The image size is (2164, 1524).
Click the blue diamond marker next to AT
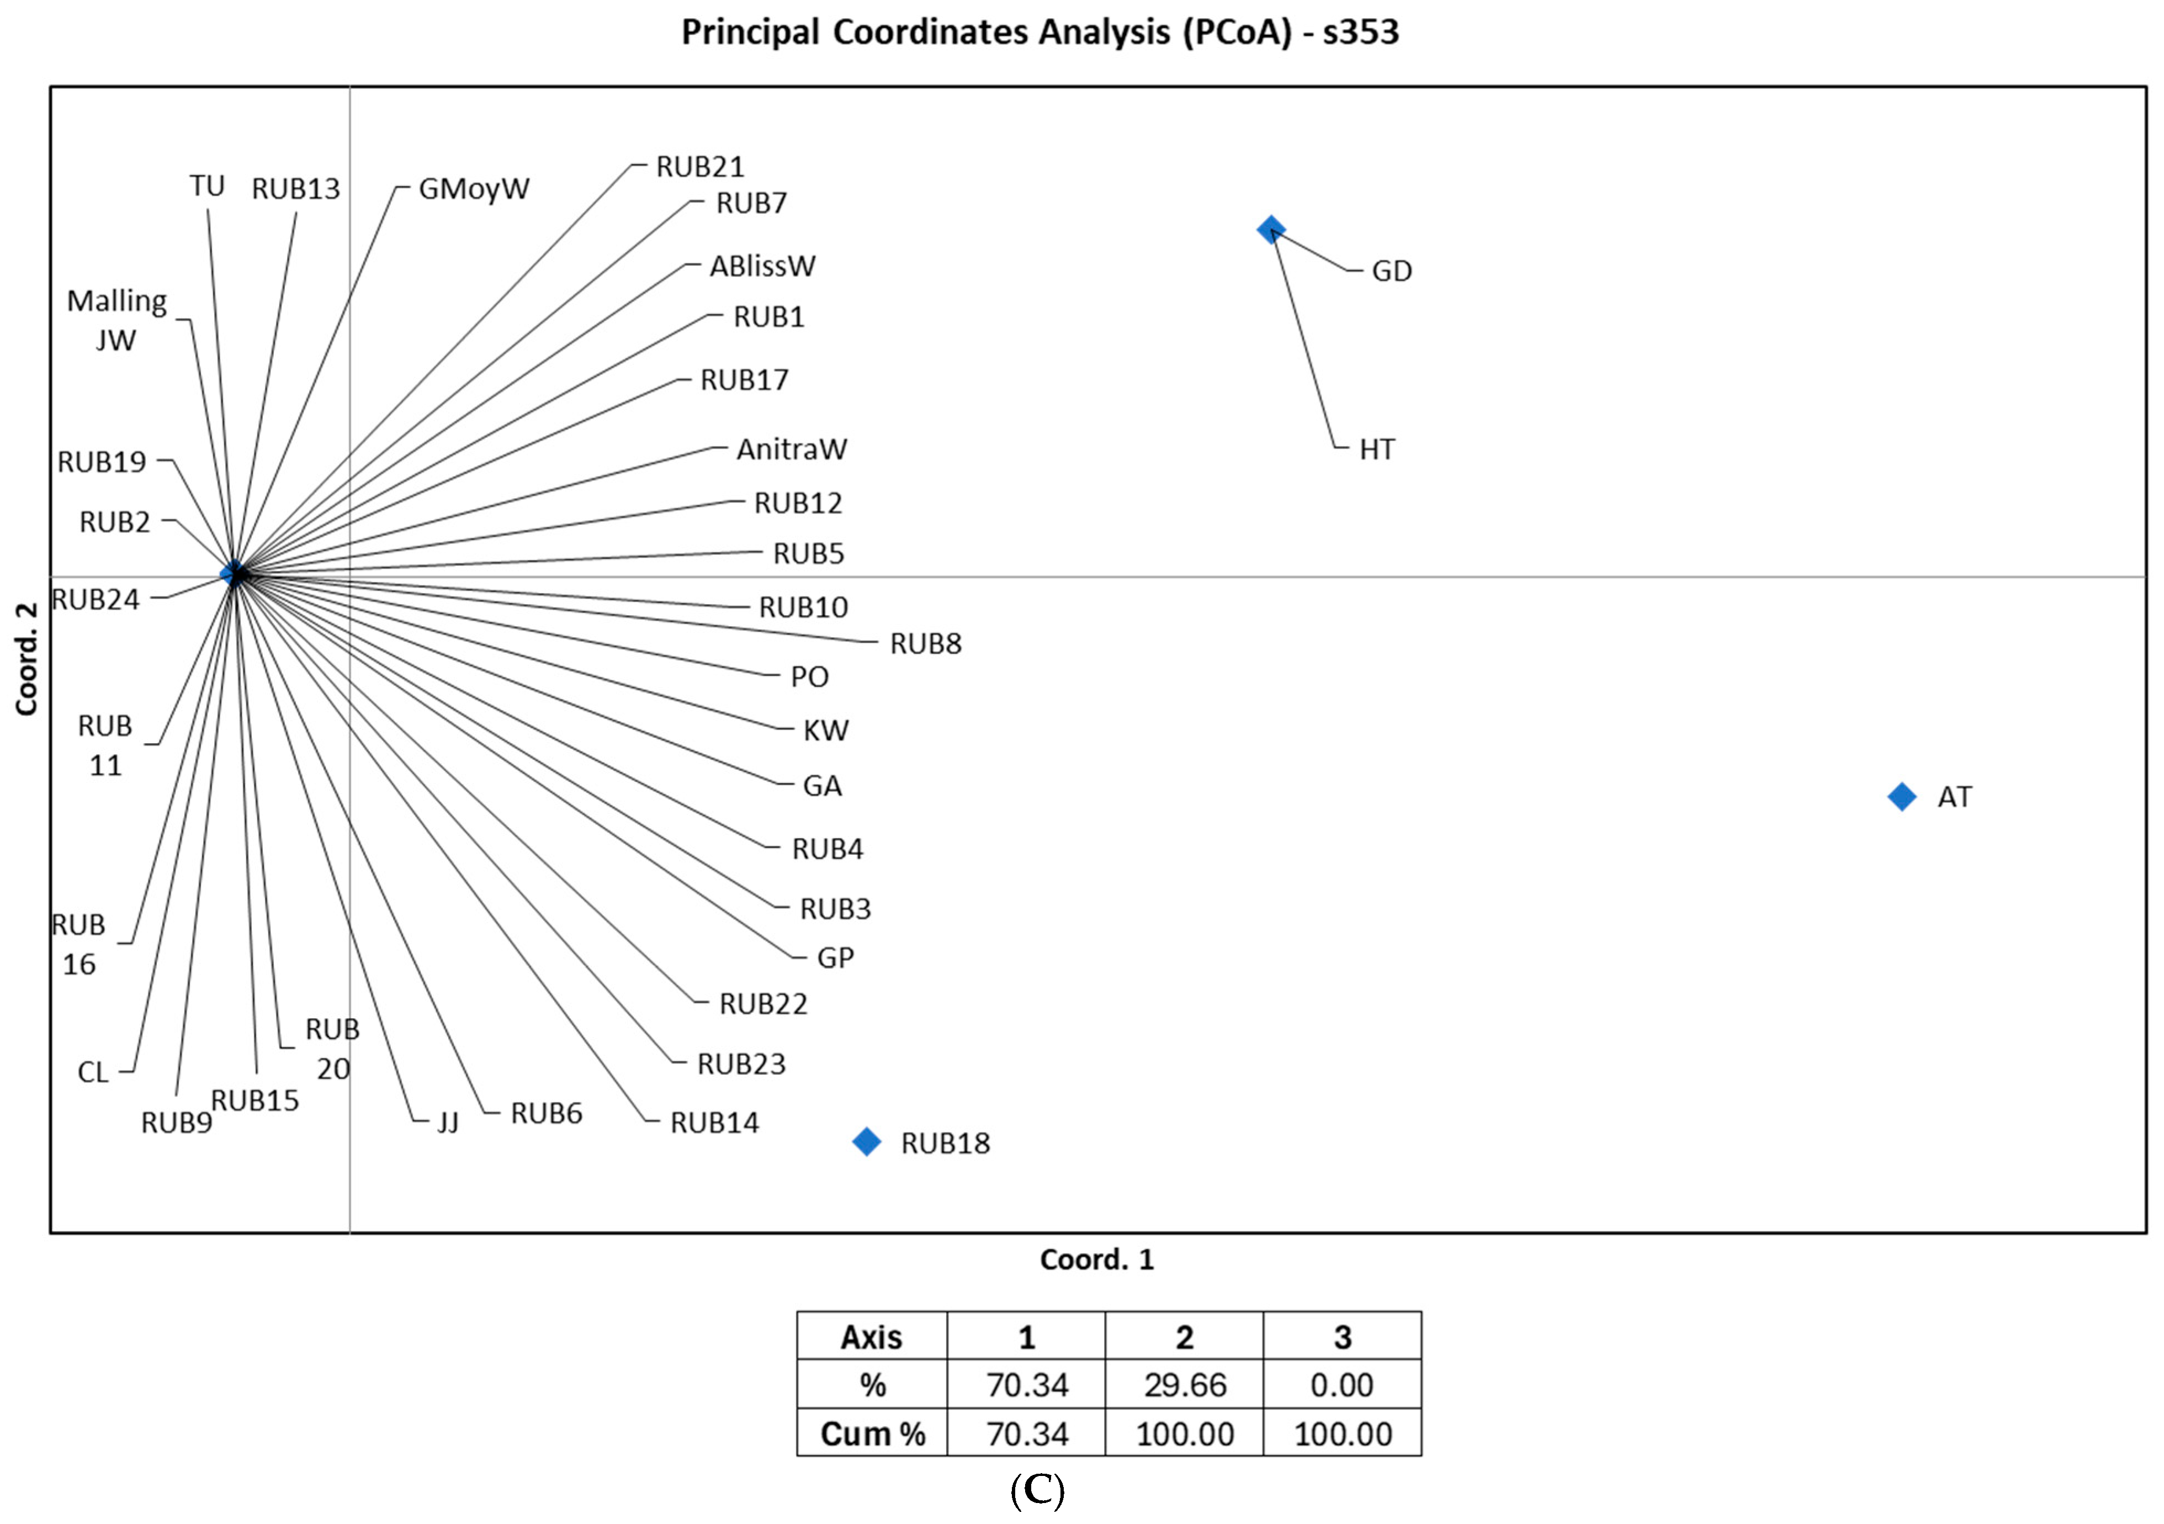pos(1902,796)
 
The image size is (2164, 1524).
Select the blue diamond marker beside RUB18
pos(866,1141)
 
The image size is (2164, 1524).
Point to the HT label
pos(1376,449)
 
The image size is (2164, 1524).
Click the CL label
pos(92,1072)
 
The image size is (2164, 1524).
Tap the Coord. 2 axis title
pos(26,659)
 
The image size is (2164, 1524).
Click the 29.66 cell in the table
pos(1185,1384)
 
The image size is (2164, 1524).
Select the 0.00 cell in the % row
pos(1342,1384)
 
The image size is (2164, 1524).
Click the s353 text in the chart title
pos(1360,32)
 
